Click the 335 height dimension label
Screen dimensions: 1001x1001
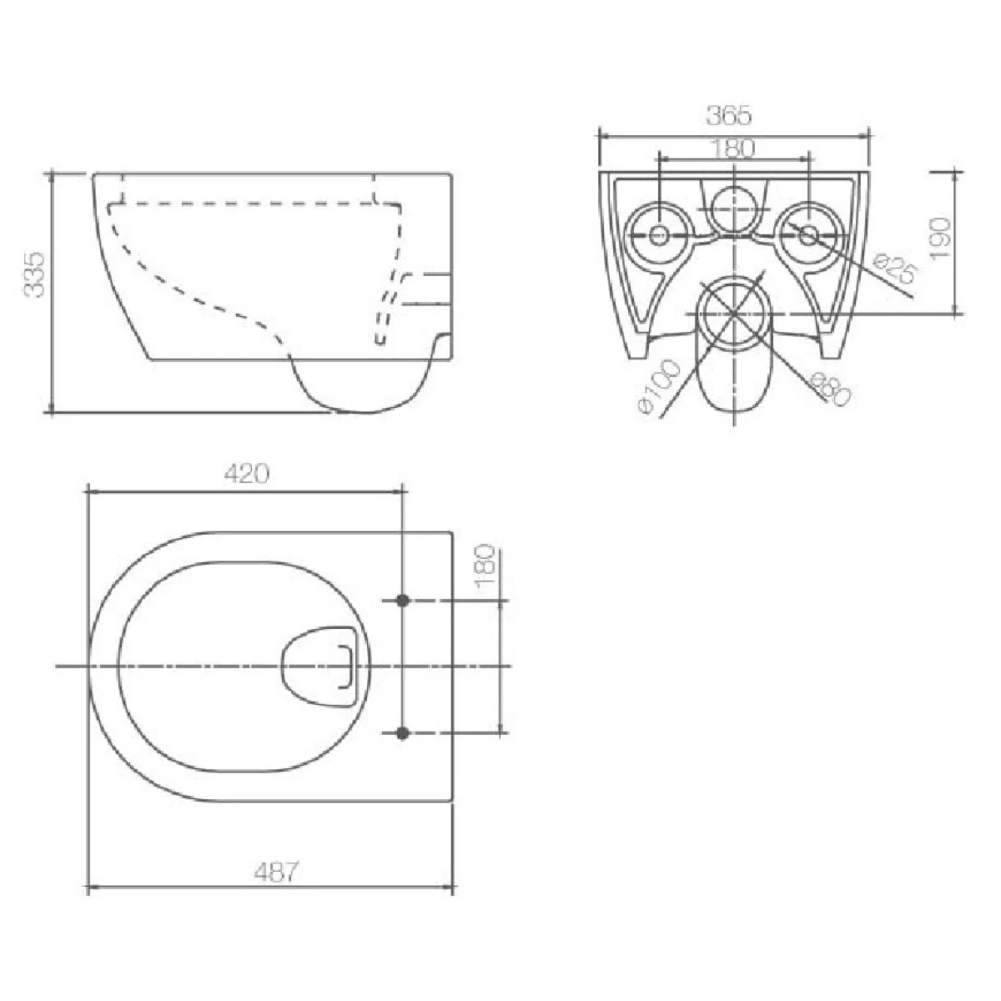(35, 274)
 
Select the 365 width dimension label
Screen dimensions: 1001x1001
(729, 115)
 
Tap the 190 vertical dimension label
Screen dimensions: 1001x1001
(940, 238)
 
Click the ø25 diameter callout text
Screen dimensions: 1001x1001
(897, 267)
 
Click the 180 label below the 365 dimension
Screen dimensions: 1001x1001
(731, 149)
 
